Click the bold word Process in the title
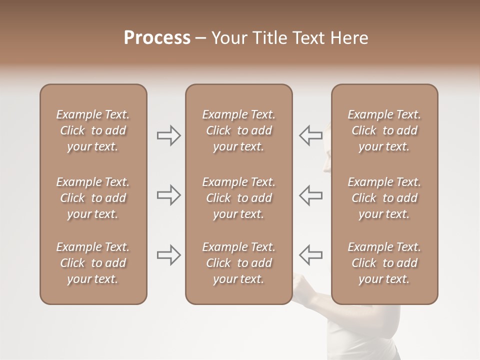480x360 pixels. pos(157,38)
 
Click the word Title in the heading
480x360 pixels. pos(269,38)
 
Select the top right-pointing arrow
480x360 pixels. pos(168,135)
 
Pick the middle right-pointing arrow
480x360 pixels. pos(168,195)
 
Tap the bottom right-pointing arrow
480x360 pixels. pos(168,255)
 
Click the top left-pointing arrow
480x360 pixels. pos(311,135)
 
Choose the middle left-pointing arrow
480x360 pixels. pos(311,195)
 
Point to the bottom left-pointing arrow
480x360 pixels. pos(311,255)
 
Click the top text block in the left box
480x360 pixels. pos(93,130)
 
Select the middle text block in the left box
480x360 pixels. pos(93,198)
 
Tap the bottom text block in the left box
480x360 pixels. pos(93,263)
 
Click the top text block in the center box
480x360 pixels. pos(238,130)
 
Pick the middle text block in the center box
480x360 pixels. pos(238,198)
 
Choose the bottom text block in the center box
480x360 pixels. pos(238,263)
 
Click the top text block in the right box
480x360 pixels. pos(384,130)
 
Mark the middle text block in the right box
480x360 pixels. pos(384,198)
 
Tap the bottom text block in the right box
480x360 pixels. pos(384,263)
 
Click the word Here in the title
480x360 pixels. pos(349,38)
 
